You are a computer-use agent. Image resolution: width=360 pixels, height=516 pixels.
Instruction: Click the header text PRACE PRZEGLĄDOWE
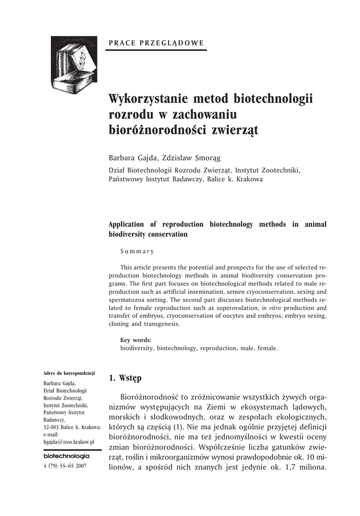tap(156, 43)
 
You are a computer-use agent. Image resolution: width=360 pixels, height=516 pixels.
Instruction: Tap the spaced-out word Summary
tap(137, 250)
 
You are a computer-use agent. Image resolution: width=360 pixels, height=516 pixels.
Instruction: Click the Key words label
tap(136, 340)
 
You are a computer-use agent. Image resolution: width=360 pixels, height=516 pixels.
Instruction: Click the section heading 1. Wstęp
tap(126, 378)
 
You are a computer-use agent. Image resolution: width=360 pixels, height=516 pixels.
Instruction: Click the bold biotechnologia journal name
tap(67, 456)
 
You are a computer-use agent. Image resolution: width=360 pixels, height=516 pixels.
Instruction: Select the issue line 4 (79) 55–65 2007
tap(66, 466)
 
